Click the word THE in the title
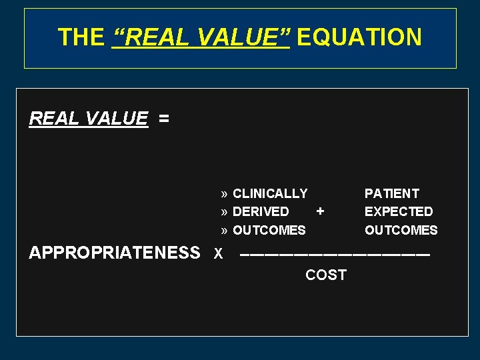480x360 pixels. [81, 37]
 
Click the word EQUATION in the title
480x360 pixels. [359, 37]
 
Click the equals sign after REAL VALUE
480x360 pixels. [164, 119]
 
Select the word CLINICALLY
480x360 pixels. [270, 194]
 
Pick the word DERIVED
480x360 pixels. [261, 212]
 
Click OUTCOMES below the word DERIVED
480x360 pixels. [269, 231]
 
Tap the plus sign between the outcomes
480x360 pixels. [320, 211]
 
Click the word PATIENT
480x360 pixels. [391, 194]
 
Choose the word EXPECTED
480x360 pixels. [398, 212]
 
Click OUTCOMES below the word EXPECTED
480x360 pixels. [401, 231]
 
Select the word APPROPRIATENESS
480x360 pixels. [114, 253]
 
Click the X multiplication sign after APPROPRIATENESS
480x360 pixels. [218, 254]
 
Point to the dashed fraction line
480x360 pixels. [335, 255]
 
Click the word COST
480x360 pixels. [325, 275]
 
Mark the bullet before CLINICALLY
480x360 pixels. [225, 194]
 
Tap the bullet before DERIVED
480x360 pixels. [225, 212]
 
